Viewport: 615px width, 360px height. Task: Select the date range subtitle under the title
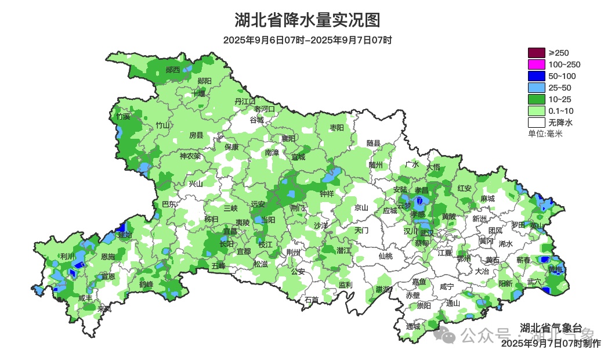point(307,40)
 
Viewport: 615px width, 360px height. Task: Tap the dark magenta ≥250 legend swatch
point(536,53)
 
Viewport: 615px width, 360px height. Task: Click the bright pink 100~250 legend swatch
point(536,64)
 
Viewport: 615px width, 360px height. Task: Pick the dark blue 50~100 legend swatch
point(536,76)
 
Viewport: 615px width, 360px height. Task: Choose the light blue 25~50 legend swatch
point(536,88)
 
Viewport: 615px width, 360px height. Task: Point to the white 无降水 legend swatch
point(536,123)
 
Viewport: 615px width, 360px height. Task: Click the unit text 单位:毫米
point(545,134)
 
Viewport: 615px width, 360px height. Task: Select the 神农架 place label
point(190,156)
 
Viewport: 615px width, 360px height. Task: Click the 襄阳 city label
point(288,138)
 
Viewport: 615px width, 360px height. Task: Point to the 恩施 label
point(108,257)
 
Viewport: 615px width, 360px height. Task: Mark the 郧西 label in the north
point(173,70)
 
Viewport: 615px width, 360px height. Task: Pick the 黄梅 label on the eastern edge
point(555,269)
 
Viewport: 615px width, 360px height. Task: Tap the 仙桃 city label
point(385,256)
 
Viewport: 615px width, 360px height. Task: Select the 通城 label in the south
point(413,326)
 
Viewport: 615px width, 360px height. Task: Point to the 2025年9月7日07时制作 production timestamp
point(551,343)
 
